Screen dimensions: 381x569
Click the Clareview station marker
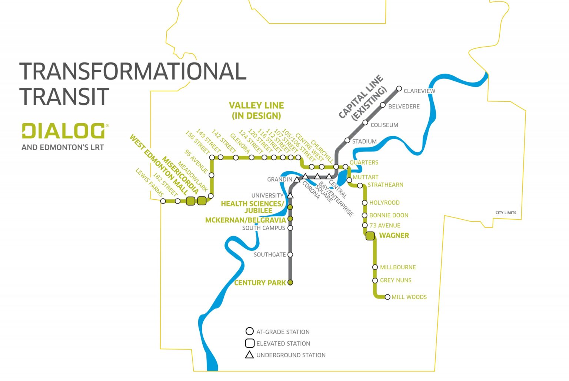(x=399, y=88)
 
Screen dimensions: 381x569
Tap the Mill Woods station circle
(x=387, y=297)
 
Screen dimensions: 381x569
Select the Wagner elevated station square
(x=370, y=236)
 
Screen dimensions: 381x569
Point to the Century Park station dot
(x=290, y=283)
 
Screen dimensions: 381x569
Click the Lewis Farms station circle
(x=163, y=201)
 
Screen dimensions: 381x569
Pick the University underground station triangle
(x=290, y=195)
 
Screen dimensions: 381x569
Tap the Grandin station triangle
(x=297, y=180)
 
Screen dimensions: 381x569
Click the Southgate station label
(x=269, y=254)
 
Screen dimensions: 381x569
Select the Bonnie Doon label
(x=389, y=215)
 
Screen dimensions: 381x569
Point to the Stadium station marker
(x=347, y=141)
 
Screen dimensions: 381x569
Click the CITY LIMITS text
(x=506, y=213)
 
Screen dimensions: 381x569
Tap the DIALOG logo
(x=63, y=131)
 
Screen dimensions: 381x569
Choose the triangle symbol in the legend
(x=249, y=355)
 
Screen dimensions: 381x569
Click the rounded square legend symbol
(x=250, y=343)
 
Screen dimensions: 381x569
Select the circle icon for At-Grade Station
(x=250, y=331)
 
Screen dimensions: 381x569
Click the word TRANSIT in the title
(x=64, y=97)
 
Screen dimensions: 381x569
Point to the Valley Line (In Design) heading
(x=256, y=111)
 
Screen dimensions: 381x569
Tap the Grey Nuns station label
(x=396, y=280)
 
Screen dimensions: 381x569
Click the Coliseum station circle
(x=365, y=122)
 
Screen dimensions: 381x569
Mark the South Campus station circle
(x=290, y=228)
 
